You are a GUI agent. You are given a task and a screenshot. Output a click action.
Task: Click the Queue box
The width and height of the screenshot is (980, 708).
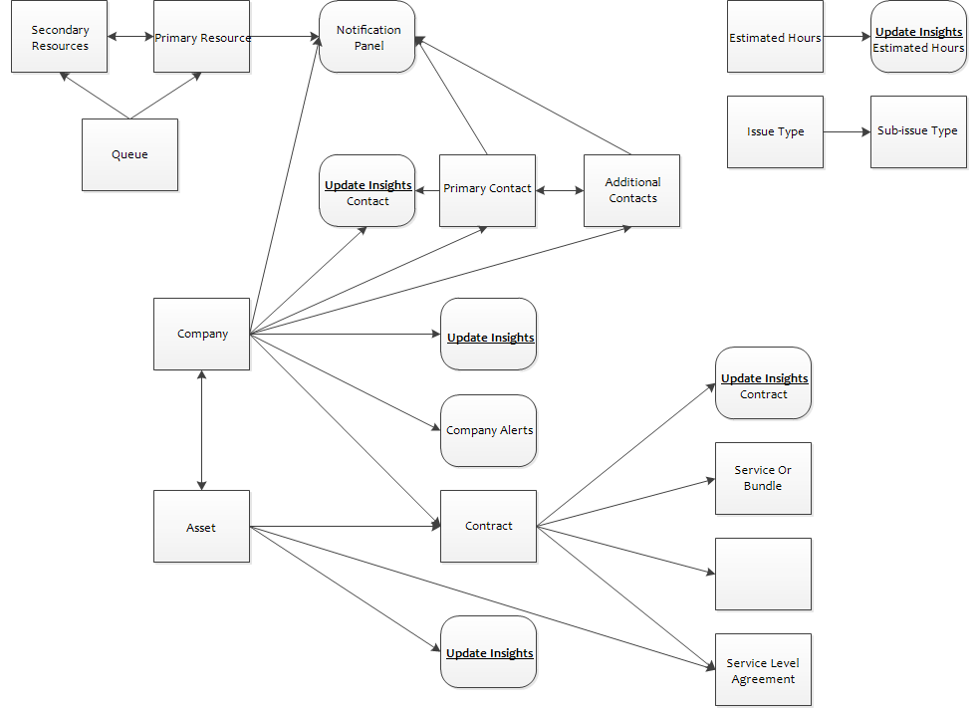pyautogui.click(x=130, y=155)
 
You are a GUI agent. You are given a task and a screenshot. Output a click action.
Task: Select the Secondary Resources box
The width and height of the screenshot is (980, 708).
pyautogui.click(x=60, y=36)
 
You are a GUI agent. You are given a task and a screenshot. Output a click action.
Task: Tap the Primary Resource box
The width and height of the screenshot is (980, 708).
pyautogui.click(x=202, y=36)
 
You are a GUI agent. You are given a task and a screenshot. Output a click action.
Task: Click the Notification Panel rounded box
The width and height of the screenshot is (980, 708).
pyautogui.click(x=367, y=36)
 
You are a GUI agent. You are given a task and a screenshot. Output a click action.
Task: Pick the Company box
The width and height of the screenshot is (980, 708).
pyautogui.click(x=202, y=334)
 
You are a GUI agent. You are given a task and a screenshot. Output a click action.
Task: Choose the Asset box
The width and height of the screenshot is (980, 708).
pyautogui.click(x=202, y=526)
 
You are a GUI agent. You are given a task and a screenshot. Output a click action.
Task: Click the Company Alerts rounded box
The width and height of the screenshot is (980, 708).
pyautogui.click(x=489, y=430)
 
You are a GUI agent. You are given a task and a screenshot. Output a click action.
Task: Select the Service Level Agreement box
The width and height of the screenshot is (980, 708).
pyautogui.click(x=763, y=670)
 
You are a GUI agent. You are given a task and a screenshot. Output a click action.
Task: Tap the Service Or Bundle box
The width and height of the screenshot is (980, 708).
pyautogui.click(x=763, y=479)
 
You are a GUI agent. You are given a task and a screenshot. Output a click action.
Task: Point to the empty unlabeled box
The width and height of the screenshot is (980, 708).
pyautogui.click(x=763, y=575)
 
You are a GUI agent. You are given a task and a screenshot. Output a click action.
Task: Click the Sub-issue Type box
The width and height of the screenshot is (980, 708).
pyautogui.click(x=918, y=131)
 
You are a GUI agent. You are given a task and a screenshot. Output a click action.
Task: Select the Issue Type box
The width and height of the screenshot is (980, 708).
pyautogui.click(x=775, y=131)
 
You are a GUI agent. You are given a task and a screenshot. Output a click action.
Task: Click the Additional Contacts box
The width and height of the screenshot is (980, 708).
pyautogui.click(x=631, y=190)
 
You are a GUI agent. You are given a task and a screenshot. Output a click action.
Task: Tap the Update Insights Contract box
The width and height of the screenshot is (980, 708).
pyautogui.click(x=763, y=383)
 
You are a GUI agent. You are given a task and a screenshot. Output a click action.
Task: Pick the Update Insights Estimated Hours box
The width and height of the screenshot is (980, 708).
pyautogui.click(x=918, y=36)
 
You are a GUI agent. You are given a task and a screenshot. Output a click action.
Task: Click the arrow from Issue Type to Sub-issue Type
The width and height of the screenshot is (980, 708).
pyautogui.click(x=847, y=131)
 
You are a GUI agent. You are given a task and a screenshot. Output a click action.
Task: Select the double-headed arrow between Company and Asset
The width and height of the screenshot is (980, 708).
pyautogui.click(x=201, y=430)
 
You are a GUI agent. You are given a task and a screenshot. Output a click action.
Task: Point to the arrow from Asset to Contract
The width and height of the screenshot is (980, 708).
pyautogui.click(x=345, y=526)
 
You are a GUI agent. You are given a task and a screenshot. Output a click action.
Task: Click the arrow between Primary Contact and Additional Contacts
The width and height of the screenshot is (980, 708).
pyautogui.click(x=560, y=190)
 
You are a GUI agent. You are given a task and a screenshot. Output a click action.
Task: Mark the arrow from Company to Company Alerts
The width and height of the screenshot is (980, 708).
pyautogui.click(x=345, y=381)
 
